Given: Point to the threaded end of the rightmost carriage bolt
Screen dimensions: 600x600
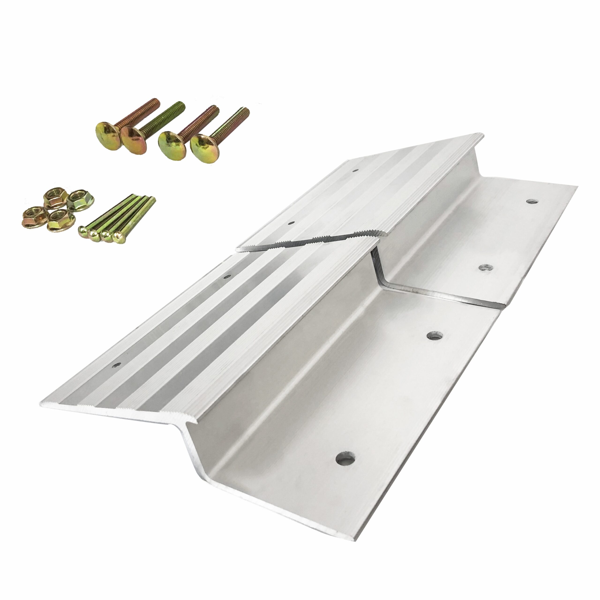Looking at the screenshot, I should coord(246,111).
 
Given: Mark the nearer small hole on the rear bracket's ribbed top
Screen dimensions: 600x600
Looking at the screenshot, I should coord(291,223).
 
